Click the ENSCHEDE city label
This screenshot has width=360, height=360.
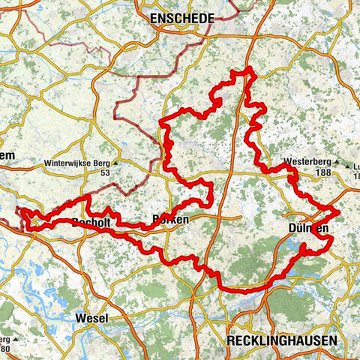(x=182, y=17)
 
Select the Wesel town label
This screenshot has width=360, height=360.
(x=91, y=318)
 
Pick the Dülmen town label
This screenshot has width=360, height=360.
(x=308, y=228)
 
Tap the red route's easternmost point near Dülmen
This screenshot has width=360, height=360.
(x=340, y=212)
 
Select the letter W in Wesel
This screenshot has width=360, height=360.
(x=79, y=318)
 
